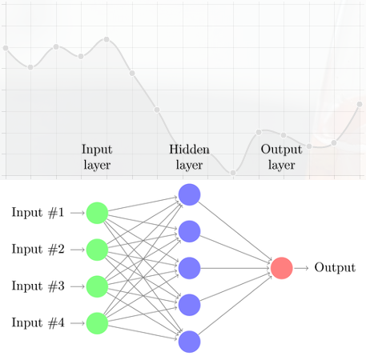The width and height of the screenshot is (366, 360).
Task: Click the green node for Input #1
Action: click(97, 213)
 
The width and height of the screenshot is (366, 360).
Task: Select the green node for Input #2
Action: click(97, 250)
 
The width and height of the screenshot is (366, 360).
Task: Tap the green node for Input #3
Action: click(97, 286)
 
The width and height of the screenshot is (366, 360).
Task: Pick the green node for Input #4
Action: click(97, 323)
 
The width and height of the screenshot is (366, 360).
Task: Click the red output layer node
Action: click(282, 268)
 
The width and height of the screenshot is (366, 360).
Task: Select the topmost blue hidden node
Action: click(189, 194)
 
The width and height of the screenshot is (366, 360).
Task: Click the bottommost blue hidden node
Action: click(189, 342)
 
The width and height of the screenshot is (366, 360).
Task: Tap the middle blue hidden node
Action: click(189, 268)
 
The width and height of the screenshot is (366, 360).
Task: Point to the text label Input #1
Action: click(38, 213)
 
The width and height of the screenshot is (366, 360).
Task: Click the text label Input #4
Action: click(38, 322)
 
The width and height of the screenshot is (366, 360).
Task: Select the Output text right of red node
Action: click(335, 267)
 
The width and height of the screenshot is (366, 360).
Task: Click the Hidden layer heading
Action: click(189, 158)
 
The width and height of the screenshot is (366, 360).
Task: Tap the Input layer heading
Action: click(97, 158)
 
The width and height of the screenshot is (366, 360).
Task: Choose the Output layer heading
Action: click(282, 158)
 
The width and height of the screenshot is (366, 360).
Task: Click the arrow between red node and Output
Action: click(301, 268)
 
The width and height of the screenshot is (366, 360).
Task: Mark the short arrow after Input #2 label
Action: click(78, 250)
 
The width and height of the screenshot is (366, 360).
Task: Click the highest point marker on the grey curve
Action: click(107, 39)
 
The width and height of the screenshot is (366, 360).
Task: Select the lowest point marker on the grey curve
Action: click(233, 173)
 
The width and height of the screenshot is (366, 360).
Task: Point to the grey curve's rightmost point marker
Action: click(360, 104)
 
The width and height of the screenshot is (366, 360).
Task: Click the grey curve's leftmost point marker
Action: click(6, 48)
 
